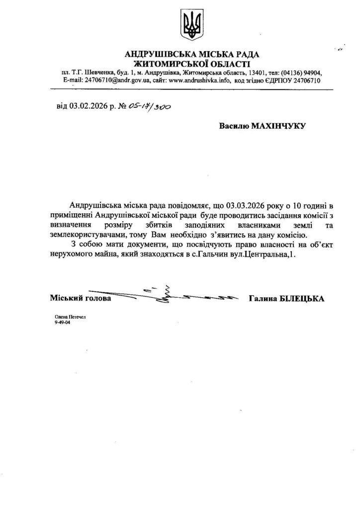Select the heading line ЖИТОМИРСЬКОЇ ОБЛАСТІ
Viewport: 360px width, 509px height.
[192, 64]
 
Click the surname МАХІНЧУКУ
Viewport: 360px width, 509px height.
[280, 126]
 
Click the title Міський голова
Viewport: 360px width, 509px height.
[81, 299]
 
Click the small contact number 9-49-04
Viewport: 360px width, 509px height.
[62, 322]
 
